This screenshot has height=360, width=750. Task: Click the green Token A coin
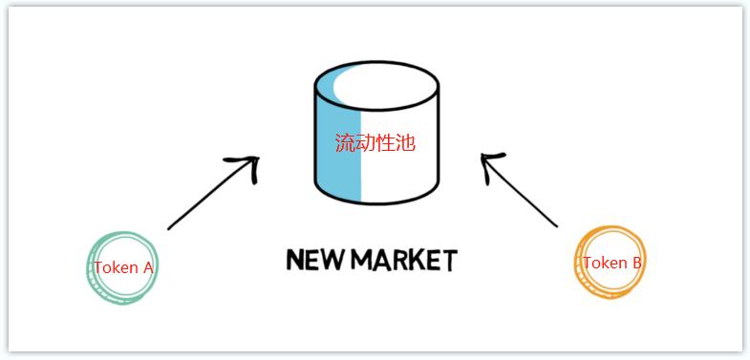coord(121,268)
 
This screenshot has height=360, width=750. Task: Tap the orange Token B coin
coord(611,263)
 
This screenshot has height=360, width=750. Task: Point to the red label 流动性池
coord(375,144)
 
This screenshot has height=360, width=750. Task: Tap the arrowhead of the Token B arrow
coord(489,162)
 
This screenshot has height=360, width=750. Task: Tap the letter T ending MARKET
coord(448,260)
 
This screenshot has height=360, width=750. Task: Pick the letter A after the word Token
coord(147,268)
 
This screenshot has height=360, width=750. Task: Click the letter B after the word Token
coord(636,263)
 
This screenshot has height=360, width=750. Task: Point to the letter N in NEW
coord(293,259)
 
